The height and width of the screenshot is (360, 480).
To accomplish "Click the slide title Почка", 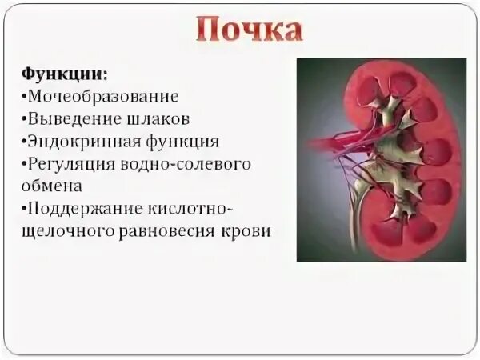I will pyautogui.click(x=249, y=30).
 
